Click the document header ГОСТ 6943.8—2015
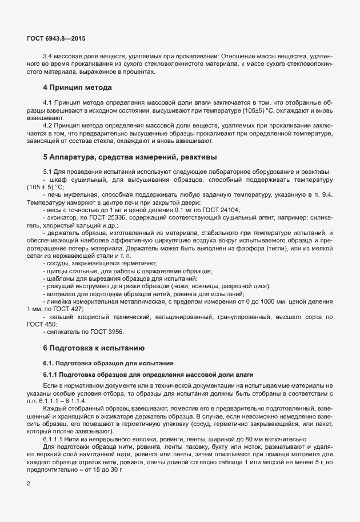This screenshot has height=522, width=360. click(56, 38)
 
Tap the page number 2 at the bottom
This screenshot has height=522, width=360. click(29, 484)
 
